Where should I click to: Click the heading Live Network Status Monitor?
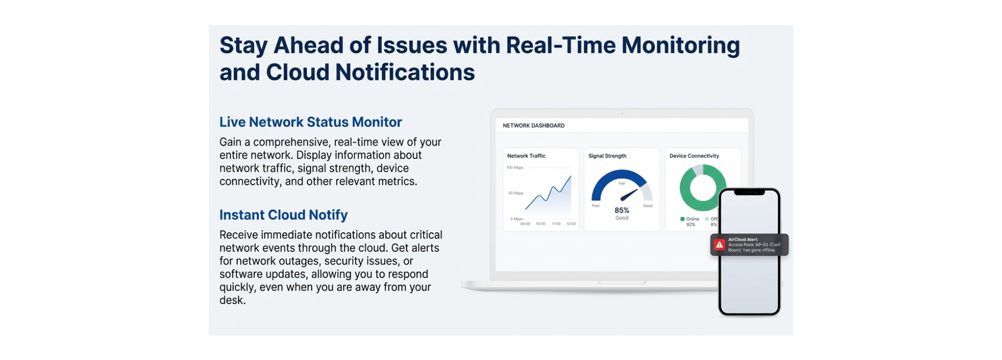coord(311,122)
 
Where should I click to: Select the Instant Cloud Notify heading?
coord(283,215)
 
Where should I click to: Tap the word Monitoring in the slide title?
coord(680,45)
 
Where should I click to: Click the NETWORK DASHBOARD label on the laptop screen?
coord(533,126)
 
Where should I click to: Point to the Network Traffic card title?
coord(526,156)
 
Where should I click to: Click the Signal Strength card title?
coord(607,156)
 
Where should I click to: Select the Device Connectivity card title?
coord(694,156)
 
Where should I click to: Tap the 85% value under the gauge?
coord(622,210)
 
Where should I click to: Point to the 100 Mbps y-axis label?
coord(515,167)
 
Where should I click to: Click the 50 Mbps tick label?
coord(516,193)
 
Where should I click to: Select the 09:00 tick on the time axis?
coord(525,224)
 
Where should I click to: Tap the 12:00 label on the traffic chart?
coord(571,224)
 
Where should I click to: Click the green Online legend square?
coord(682,219)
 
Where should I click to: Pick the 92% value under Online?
coord(690,225)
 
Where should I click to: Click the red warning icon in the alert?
coord(719,245)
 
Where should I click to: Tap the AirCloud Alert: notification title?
coord(743,239)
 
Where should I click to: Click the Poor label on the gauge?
coord(595,206)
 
